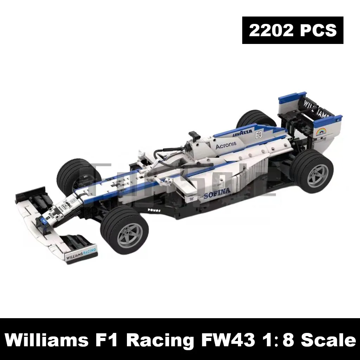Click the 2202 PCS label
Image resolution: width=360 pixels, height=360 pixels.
click(x=292, y=30)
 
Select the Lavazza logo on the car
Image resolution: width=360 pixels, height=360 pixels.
click(x=243, y=133)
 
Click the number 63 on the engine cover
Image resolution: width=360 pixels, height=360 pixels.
click(x=259, y=134)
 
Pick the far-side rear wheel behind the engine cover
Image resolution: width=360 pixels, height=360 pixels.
click(x=256, y=119)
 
